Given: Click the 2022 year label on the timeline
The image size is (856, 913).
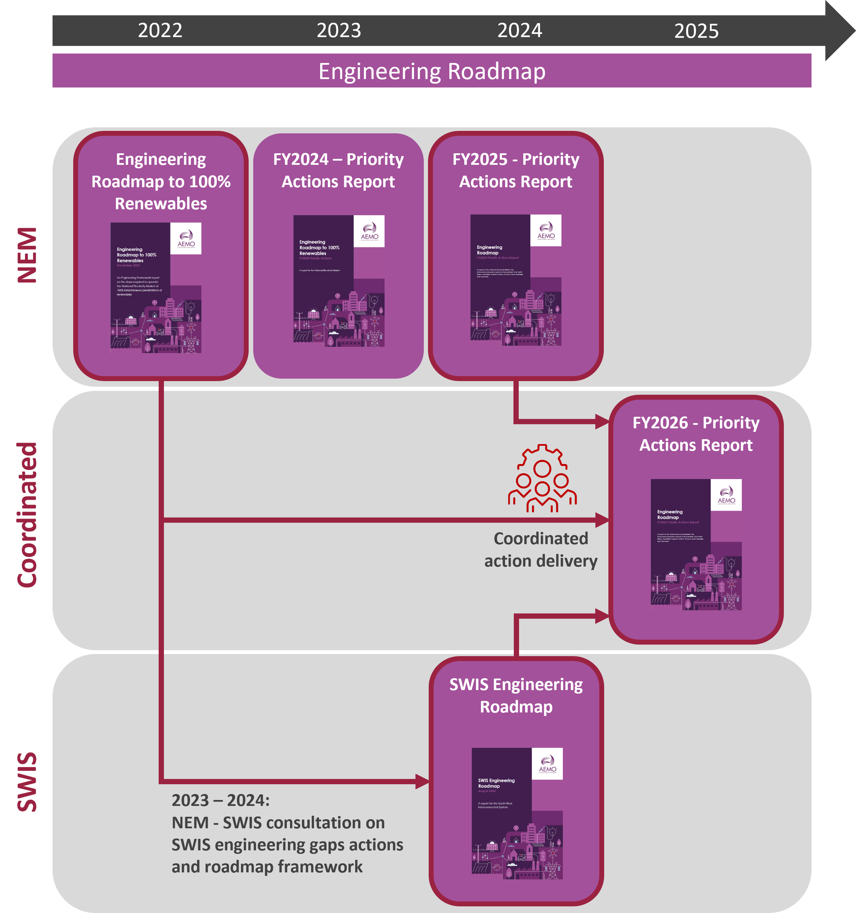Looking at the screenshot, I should click(x=160, y=31).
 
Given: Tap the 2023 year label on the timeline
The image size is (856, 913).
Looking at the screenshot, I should click(x=339, y=31).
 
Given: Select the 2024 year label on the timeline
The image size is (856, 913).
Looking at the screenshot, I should click(x=519, y=31).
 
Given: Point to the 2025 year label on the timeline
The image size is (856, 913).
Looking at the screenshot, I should click(x=696, y=31).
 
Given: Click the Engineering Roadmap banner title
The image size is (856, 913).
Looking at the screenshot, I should click(x=432, y=72).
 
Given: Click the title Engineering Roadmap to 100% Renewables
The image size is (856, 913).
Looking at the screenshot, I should click(x=161, y=181).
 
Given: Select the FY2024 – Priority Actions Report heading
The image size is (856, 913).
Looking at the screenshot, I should click(x=338, y=170).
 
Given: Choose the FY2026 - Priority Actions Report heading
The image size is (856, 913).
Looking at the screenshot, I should click(x=696, y=434).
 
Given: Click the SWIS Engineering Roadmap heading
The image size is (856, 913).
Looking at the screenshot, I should click(x=516, y=695).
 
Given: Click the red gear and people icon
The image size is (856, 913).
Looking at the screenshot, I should click(x=542, y=478).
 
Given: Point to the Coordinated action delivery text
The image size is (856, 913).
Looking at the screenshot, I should click(x=541, y=549).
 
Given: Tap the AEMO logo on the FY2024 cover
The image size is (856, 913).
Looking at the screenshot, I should click(x=369, y=231).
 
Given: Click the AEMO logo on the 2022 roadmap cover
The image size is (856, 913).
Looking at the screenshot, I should click(x=186, y=238).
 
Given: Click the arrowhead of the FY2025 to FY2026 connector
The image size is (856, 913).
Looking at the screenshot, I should click(x=602, y=421).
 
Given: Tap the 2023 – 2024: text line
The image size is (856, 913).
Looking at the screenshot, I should click(x=221, y=800).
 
